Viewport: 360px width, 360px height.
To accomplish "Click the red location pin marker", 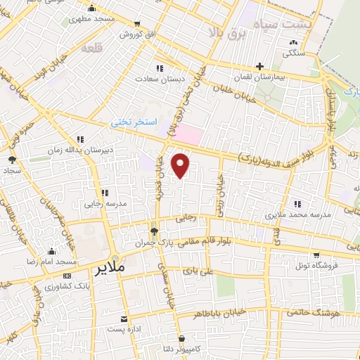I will pos(181,165).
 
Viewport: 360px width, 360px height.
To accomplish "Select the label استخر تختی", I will pos(132,122).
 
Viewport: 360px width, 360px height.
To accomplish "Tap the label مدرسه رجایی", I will pos(105,203).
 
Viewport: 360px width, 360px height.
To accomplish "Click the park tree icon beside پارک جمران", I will pos(155,229).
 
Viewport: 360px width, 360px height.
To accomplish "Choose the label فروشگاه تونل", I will pos(316,265).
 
